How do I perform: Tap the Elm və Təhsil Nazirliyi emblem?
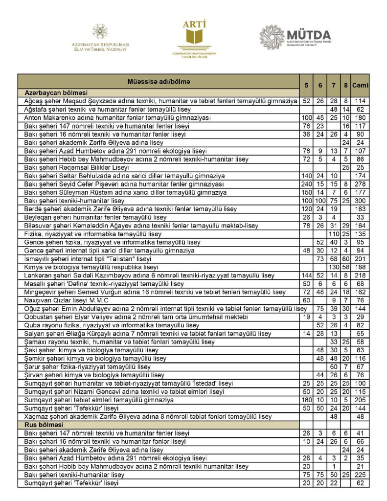pos(100,32)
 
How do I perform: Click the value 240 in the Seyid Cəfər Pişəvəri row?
pos(307,184)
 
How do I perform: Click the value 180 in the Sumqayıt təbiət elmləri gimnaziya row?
pos(307,400)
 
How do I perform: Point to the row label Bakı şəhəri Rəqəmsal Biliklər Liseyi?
pos(80,167)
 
